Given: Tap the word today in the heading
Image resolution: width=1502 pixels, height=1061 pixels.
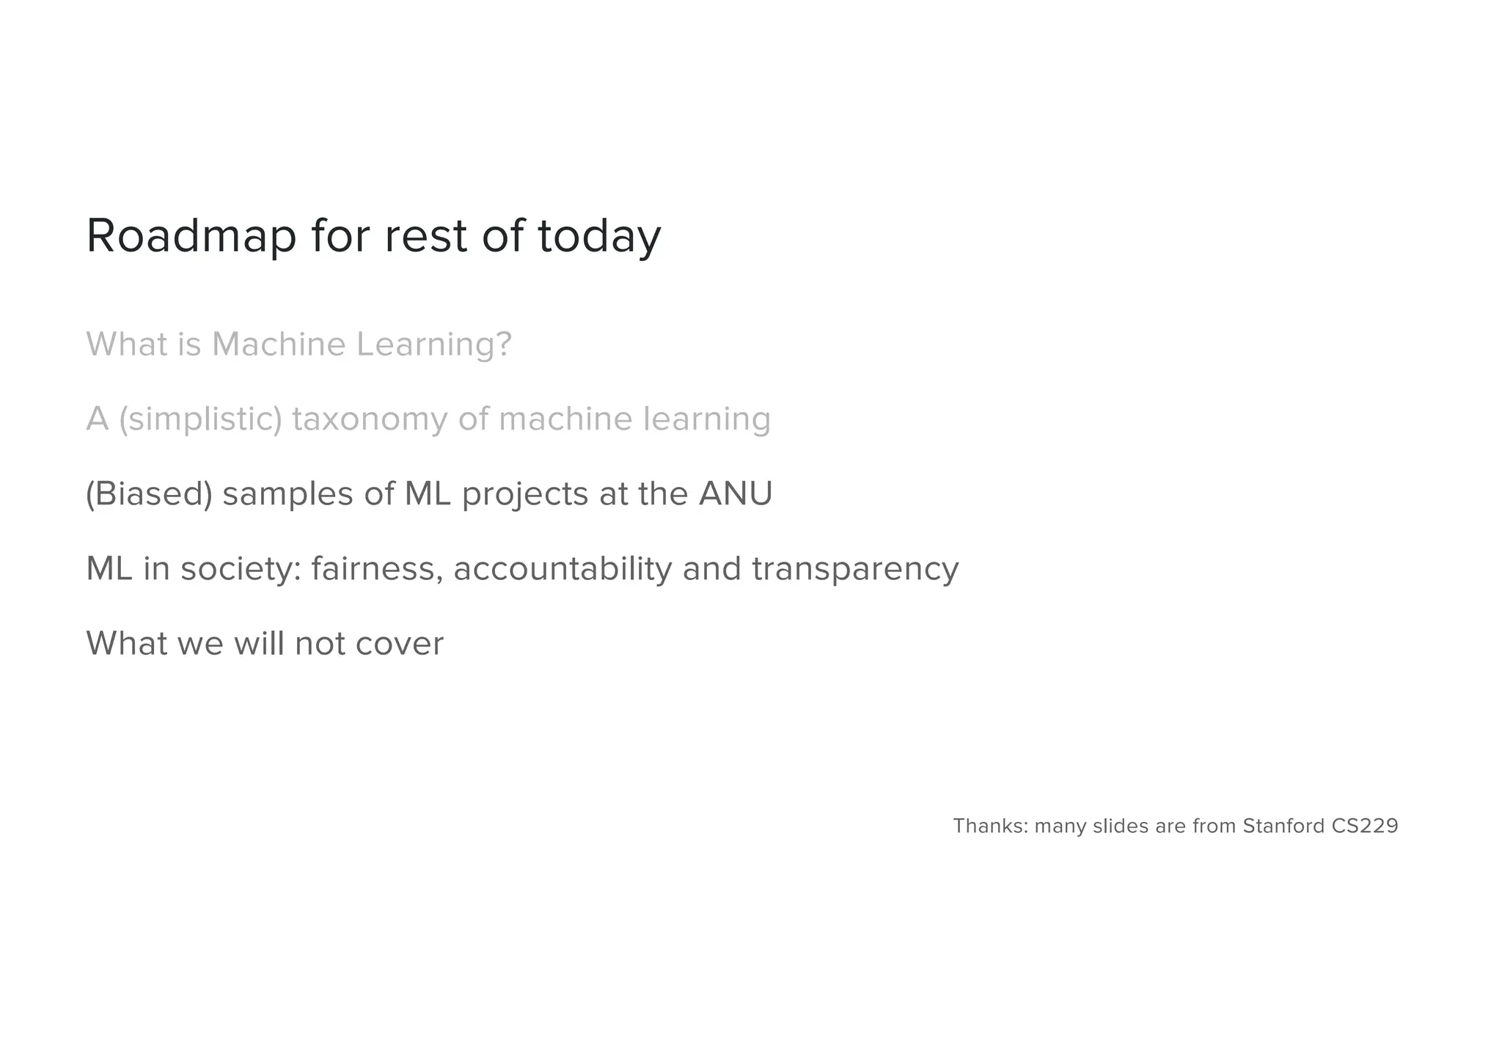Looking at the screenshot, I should coord(599,236).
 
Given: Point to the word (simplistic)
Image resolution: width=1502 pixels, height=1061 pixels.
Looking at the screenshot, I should coord(200,419).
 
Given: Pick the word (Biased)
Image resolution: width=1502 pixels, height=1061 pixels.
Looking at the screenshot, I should coord(149,494).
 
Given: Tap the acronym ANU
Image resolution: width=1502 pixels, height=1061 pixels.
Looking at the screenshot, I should coord(736,493).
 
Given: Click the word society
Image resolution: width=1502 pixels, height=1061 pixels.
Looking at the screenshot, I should coord(240,569).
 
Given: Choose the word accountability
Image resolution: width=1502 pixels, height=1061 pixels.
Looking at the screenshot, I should coord(562,569).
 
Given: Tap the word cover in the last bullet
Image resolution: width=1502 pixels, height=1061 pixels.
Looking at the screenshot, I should coord(400,644).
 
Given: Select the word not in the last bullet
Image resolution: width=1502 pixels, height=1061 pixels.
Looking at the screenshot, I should coord(320,644).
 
